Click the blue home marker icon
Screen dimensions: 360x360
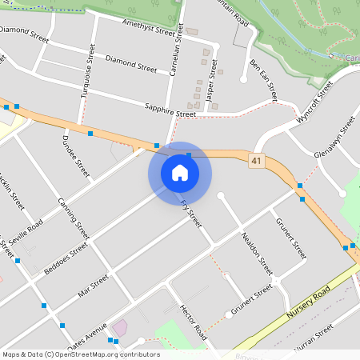(180, 172)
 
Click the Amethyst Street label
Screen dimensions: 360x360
(148, 30)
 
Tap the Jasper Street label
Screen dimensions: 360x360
(212, 79)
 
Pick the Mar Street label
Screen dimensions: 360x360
(93, 287)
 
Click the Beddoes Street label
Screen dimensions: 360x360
(66, 260)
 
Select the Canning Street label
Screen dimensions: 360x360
(73, 218)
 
